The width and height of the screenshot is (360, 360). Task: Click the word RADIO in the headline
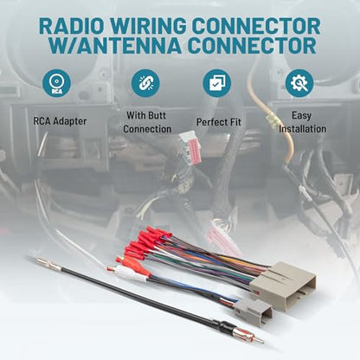71,26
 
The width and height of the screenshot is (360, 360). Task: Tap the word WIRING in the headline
147,26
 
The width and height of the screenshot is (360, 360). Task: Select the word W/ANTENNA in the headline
114,46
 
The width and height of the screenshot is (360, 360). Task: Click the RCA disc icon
56,83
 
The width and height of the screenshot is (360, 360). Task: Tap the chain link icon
145,83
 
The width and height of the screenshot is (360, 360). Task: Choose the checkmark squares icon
217,83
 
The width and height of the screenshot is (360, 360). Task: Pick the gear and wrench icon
299,83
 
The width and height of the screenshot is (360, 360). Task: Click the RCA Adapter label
60,121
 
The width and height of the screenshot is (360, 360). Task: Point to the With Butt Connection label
147,122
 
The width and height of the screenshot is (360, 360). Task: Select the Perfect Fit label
219,122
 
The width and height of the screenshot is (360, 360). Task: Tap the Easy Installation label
302,122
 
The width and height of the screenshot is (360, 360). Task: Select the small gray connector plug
253,312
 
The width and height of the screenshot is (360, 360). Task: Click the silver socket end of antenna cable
48,265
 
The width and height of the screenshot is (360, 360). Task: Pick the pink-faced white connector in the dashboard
190,147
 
